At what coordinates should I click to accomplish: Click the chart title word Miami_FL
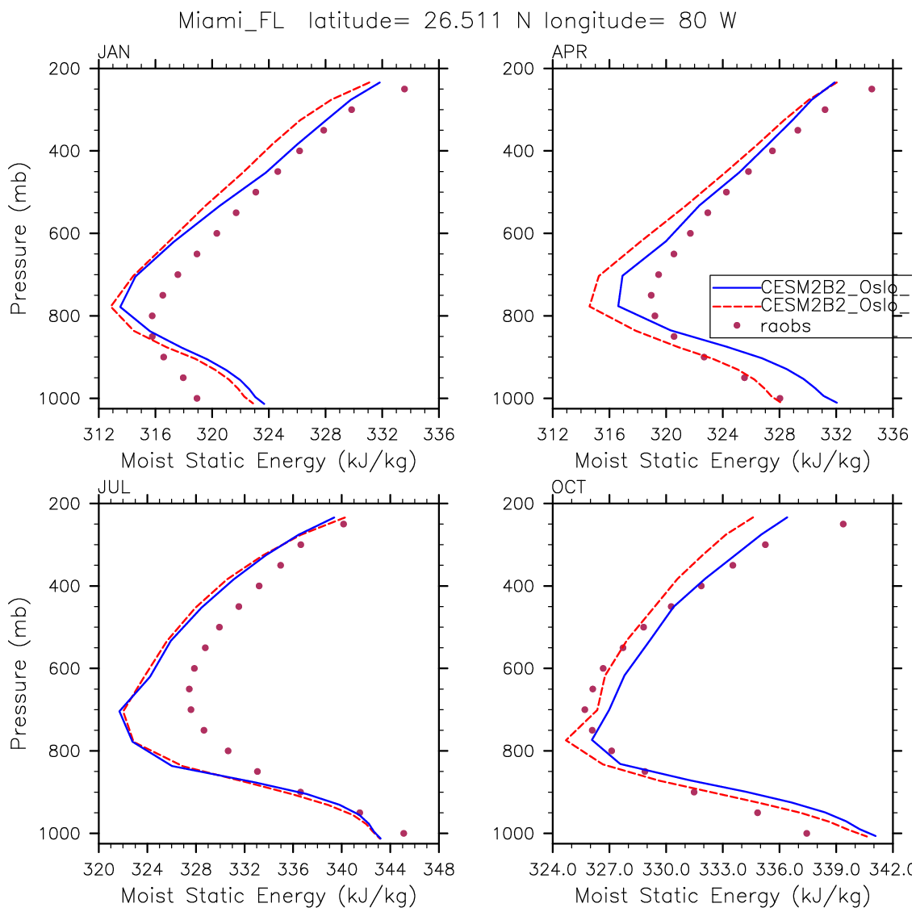pyautogui.click(x=231, y=22)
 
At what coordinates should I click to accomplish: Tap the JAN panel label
pyautogui.click(x=113, y=53)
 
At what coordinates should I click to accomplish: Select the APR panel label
pyautogui.click(x=569, y=53)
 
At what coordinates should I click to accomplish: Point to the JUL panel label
pyautogui.click(x=113, y=487)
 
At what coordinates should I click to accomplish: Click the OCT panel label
pyautogui.click(x=569, y=487)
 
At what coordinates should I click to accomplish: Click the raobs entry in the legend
pyautogui.click(x=785, y=326)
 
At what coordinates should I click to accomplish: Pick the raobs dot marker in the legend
pyautogui.click(x=736, y=326)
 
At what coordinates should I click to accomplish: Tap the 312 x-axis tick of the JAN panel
pyautogui.click(x=98, y=435)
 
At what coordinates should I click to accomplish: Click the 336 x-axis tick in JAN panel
pyautogui.click(x=439, y=435)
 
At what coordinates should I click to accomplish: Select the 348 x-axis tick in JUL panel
pyautogui.click(x=439, y=869)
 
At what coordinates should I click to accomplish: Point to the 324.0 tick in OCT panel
pyautogui.click(x=553, y=869)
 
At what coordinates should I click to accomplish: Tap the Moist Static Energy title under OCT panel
pyautogui.click(x=722, y=895)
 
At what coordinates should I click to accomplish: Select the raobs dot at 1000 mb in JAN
pyautogui.click(x=197, y=398)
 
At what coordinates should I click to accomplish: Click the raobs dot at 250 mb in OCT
pyautogui.click(x=843, y=524)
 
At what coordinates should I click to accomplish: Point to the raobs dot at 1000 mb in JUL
pyautogui.click(x=404, y=833)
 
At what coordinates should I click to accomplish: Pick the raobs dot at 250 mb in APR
pyautogui.click(x=872, y=89)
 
